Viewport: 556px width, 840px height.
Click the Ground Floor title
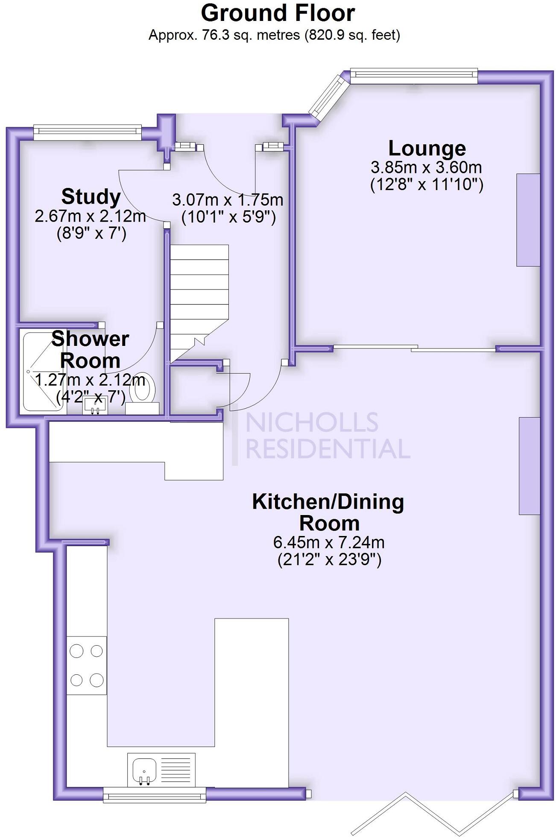[x=278, y=13]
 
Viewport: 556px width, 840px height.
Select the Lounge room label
[x=427, y=148]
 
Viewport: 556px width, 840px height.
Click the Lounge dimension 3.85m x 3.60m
[x=426, y=167]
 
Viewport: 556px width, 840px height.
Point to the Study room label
[x=91, y=197]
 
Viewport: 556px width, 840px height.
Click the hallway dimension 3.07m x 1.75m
[x=228, y=200]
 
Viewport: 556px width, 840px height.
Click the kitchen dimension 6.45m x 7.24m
[x=329, y=542]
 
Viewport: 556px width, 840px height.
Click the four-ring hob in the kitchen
[x=87, y=665]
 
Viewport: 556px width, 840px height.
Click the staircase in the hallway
[x=199, y=295]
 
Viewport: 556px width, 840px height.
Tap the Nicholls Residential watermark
[x=320, y=436]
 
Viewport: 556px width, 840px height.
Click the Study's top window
[x=88, y=132]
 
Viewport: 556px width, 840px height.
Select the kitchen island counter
[x=251, y=700]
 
